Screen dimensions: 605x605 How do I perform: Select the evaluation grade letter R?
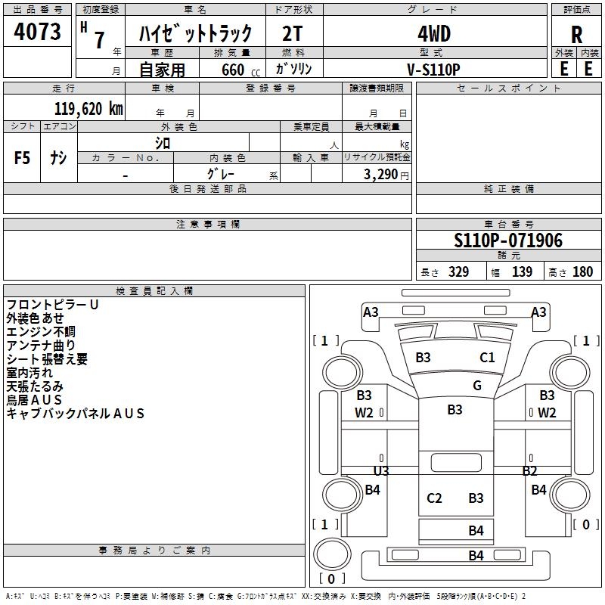click(x=576, y=34)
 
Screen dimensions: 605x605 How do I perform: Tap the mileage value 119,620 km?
click(x=88, y=108)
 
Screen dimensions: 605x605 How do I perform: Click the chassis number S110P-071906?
click(x=508, y=240)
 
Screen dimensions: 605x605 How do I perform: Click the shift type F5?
click(x=23, y=158)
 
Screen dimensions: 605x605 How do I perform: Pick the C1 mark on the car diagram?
click(x=488, y=358)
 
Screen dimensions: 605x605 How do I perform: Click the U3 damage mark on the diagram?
click(x=381, y=470)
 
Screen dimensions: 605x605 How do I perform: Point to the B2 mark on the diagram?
click(x=529, y=470)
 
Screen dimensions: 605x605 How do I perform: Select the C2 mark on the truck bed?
click(x=434, y=498)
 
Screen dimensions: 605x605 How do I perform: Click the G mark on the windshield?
click(x=477, y=385)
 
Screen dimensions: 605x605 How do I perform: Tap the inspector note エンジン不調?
click(x=41, y=331)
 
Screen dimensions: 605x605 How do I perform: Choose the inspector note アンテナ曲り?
click(x=41, y=345)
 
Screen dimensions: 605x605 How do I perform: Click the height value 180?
click(x=582, y=272)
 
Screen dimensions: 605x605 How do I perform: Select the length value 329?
click(x=458, y=272)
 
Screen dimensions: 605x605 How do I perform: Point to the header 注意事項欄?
click(x=208, y=225)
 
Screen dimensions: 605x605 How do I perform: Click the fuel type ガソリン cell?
click(x=294, y=69)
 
